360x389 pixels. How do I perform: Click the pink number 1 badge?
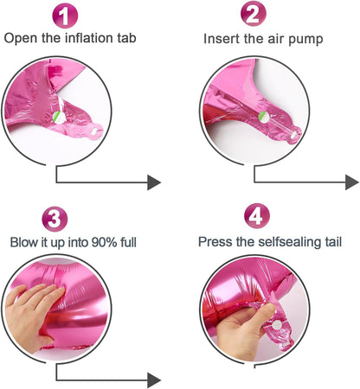point(65,16)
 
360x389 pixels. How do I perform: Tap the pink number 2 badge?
point(254,14)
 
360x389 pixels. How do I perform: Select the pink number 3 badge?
point(55,219)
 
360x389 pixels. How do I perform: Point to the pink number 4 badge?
point(257,215)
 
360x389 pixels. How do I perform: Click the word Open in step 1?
point(21,39)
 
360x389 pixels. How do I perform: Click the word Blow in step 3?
point(24,242)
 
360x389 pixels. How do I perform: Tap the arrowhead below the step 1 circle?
point(154,182)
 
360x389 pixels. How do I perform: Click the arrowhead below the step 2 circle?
point(352,182)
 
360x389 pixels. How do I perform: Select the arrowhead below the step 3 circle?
point(154,380)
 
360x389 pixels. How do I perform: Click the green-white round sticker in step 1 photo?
point(59,118)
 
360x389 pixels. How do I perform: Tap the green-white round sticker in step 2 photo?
point(263,117)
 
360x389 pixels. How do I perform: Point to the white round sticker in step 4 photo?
point(277,325)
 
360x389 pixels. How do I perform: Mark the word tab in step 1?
point(126,38)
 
